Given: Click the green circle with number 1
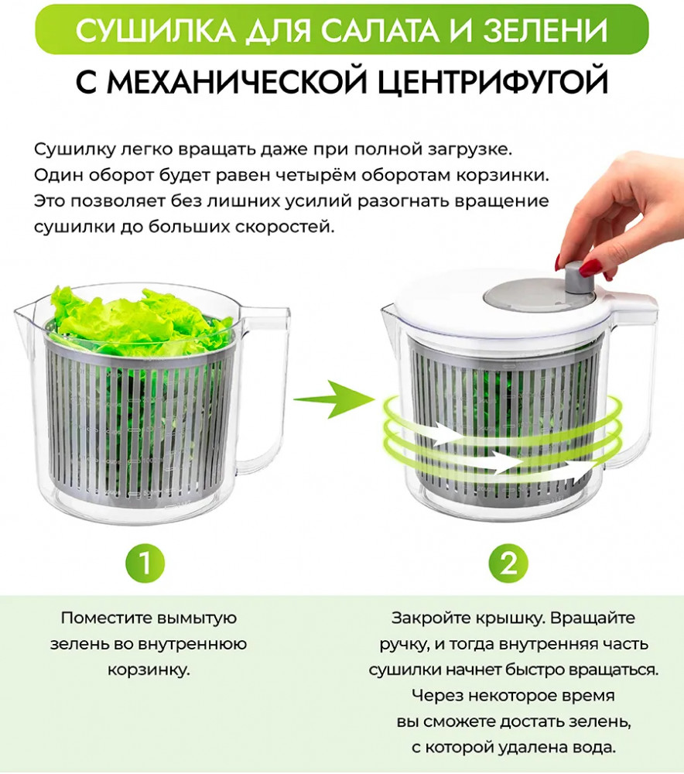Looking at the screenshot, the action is [x=145, y=563].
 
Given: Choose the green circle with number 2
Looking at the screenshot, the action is [x=508, y=563].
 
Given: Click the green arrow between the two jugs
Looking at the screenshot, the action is [x=334, y=399].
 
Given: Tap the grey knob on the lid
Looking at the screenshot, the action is [x=580, y=280].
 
